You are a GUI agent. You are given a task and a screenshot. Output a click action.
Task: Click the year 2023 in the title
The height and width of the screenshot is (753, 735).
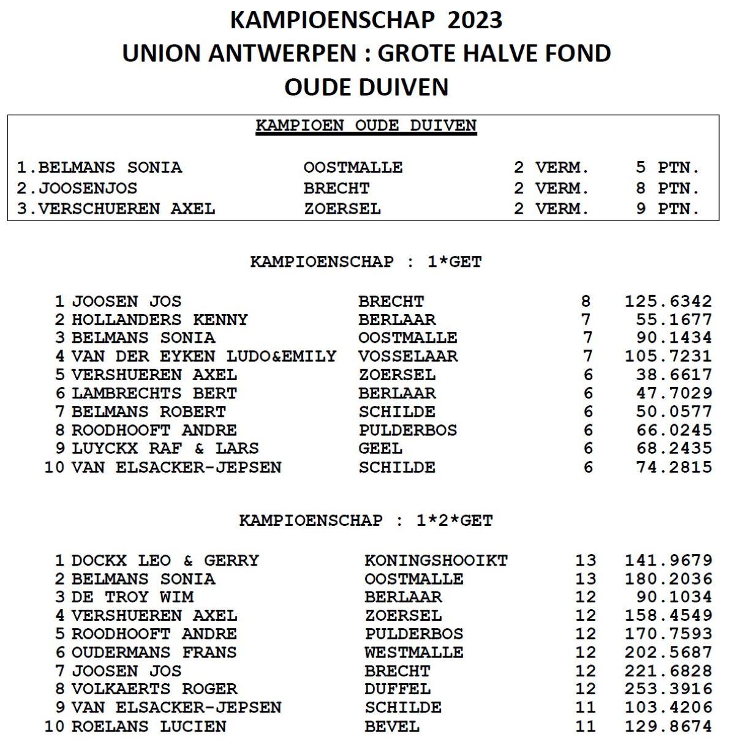click(x=475, y=20)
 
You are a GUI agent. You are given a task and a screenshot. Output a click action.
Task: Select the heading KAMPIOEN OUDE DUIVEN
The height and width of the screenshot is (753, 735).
click(x=366, y=126)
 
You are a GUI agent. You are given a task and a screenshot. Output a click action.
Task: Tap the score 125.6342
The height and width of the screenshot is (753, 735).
click(x=668, y=301)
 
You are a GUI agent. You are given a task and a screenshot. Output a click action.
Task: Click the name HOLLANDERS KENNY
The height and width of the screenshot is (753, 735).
click(x=159, y=320)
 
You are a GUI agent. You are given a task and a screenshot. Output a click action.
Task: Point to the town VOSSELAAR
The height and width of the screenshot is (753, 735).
click(x=408, y=356)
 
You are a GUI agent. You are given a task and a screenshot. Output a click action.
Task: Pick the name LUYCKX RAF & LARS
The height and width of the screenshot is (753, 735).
click(x=165, y=448)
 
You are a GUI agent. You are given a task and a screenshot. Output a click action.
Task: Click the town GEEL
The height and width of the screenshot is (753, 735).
click(x=380, y=448)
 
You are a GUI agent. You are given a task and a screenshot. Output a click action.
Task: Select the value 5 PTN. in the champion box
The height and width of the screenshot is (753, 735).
click(x=667, y=168)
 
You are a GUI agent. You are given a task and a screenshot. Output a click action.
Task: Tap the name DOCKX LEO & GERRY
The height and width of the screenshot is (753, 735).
click(x=165, y=560)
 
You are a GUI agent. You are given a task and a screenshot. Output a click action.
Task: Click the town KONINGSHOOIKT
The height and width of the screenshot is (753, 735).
click(x=435, y=560)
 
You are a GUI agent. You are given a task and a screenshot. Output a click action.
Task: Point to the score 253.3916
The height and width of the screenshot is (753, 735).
click(x=668, y=689)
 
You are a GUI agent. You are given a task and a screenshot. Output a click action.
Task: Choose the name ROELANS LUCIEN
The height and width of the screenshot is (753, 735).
click(x=148, y=727)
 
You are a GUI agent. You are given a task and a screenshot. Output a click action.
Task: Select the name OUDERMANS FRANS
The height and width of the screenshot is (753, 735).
click(x=154, y=652)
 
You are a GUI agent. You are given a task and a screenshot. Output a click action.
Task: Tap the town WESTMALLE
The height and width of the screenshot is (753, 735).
click(x=413, y=652)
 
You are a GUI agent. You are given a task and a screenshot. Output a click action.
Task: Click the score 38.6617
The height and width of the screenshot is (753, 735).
click(x=674, y=375)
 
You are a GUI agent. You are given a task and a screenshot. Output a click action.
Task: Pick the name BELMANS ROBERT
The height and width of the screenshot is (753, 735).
click(x=148, y=411)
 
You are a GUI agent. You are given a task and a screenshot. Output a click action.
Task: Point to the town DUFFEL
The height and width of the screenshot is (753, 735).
click(x=398, y=689)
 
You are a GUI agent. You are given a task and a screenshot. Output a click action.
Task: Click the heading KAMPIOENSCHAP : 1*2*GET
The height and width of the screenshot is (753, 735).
click(x=366, y=521)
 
